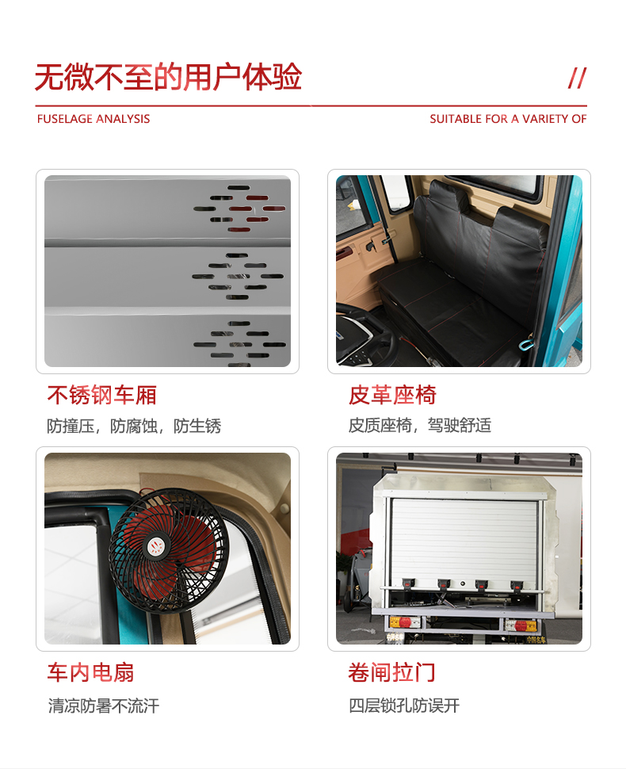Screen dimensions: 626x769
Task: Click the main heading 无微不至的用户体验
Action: click(x=168, y=78)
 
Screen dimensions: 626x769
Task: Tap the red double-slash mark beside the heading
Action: click(x=578, y=78)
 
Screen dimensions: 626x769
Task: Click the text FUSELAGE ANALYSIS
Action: click(x=94, y=119)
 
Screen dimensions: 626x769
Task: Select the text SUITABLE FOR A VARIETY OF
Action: click(x=508, y=119)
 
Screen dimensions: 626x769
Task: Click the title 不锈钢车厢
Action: click(x=102, y=396)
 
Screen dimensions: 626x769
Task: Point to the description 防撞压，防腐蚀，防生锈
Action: click(x=134, y=426)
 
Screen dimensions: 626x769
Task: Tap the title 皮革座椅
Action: click(x=392, y=396)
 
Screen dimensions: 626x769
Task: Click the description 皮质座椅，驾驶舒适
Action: click(x=420, y=425)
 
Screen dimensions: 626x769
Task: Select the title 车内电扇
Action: click(x=90, y=672)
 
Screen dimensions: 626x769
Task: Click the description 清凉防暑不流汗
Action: click(x=104, y=706)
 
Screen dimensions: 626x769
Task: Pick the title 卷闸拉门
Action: click(x=391, y=672)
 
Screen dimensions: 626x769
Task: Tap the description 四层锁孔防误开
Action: click(x=404, y=706)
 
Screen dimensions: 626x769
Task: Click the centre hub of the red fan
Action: click(x=156, y=546)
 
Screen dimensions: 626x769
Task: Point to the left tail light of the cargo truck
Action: click(x=405, y=623)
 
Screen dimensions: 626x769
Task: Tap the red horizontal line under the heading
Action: click(x=311, y=105)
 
